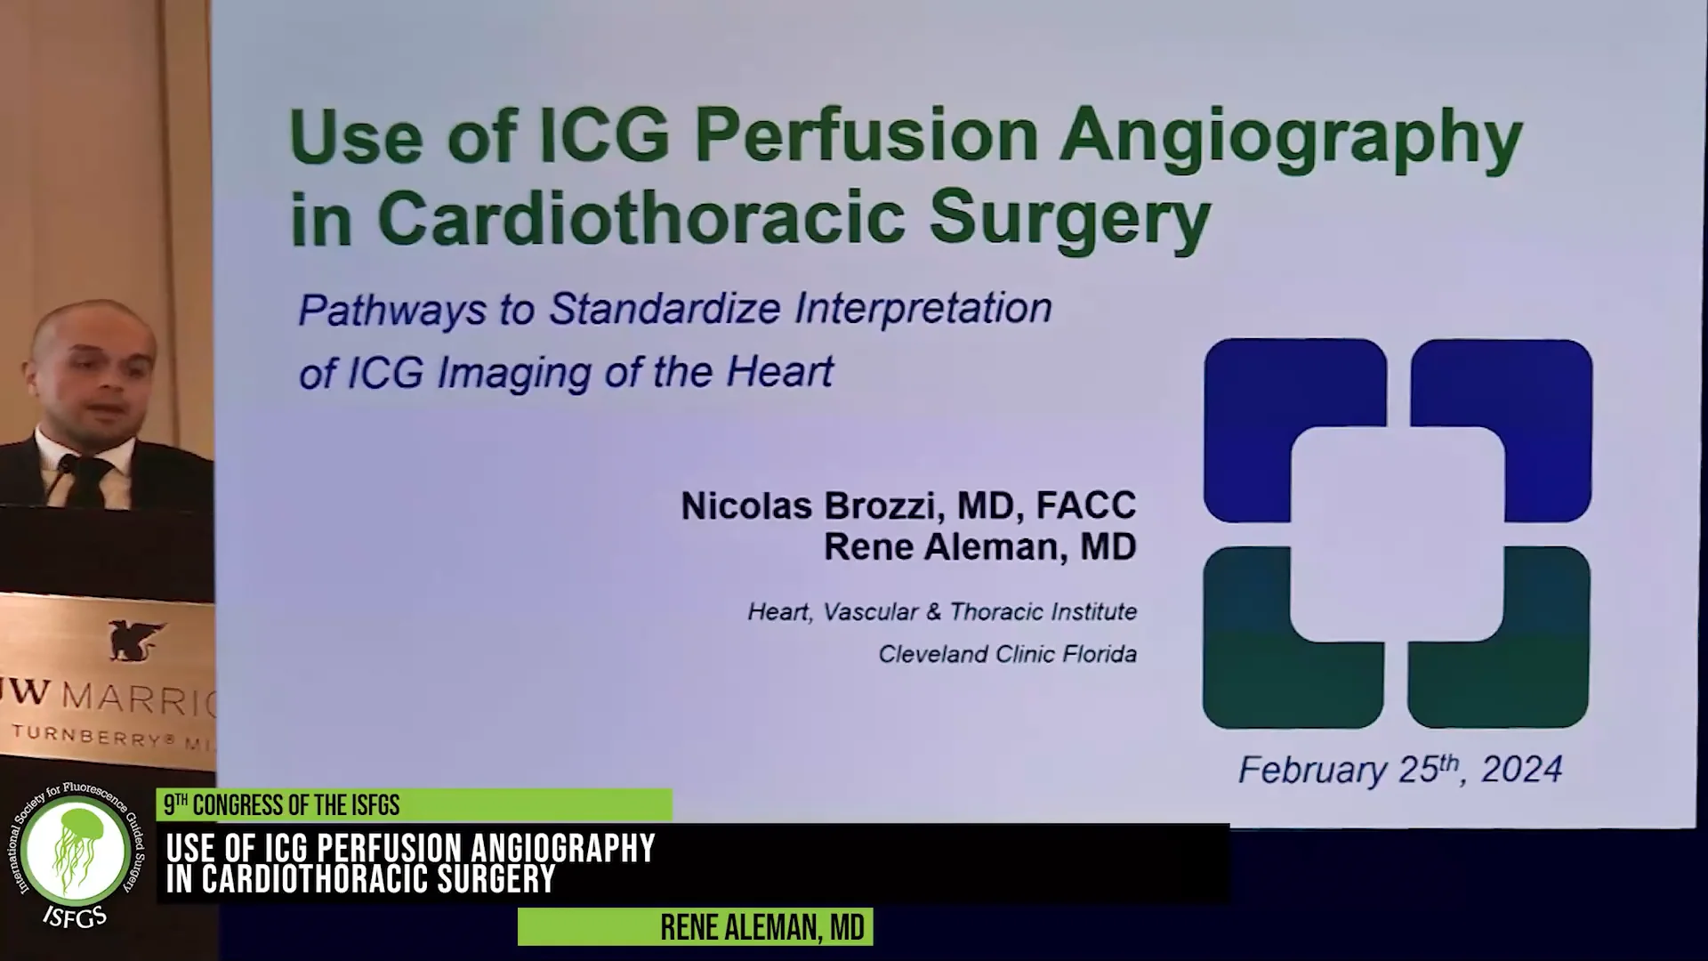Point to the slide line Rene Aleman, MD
pos(979,547)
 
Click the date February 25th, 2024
pos(1400,770)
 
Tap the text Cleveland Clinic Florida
pos(1007,655)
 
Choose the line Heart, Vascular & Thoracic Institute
pos(942,612)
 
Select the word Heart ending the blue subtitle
pos(779,372)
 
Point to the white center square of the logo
pos(1397,534)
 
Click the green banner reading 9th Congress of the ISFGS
pos(415,805)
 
